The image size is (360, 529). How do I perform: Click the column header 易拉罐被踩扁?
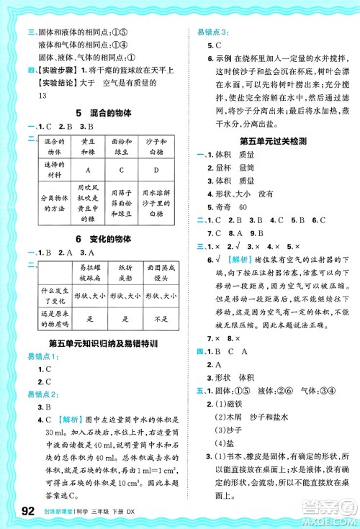pyautogui.click(x=87, y=273)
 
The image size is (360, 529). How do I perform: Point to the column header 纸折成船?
pyautogui.click(x=125, y=273)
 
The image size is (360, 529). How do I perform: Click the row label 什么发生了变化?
pyautogui.click(x=50, y=296)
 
